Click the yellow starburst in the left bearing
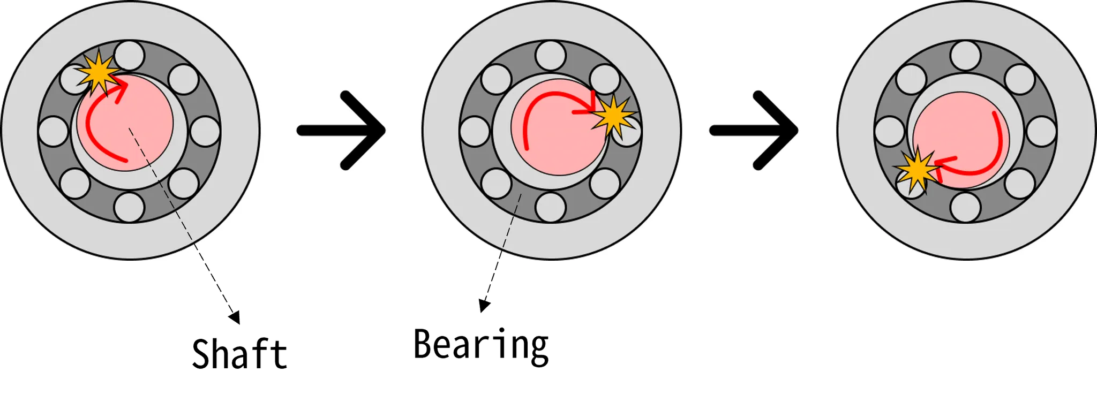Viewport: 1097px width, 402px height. [x=97, y=73]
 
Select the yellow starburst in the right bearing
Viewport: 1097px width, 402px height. [x=918, y=170]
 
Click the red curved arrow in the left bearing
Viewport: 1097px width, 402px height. [x=91, y=123]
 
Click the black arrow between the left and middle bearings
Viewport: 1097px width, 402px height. [x=343, y=130]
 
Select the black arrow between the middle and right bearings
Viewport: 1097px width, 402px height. [x=755, y=130]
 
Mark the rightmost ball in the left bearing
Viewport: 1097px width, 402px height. [x=206, y=131]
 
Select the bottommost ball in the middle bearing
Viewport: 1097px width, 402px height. [x=551, y=207]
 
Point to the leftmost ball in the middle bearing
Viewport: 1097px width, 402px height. [x=475, y=131]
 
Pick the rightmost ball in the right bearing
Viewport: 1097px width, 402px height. [x=1042, y=131]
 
